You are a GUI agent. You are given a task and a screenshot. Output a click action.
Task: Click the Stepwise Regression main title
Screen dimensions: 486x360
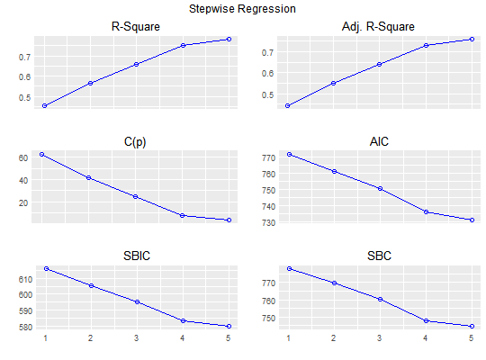[x=242, y=9]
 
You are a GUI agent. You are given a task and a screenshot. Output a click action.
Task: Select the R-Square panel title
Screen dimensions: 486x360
[x=135, y=26]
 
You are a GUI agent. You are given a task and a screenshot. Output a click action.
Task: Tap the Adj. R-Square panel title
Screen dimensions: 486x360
[x=378, y=27]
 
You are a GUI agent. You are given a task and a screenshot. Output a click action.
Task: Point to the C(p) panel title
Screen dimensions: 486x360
[x=135, y=141]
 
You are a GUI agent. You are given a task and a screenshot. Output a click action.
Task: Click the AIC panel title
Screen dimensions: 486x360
[x=379, y=141]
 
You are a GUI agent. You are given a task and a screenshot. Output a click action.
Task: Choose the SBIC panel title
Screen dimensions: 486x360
[x=137, y=256]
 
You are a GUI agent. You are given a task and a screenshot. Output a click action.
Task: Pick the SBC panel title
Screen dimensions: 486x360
[x=379, y=256]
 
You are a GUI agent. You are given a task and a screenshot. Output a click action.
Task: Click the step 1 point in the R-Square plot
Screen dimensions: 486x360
[x=45, y=105]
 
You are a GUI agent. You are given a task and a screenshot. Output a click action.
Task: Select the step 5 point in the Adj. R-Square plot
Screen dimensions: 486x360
[x=472, y=39]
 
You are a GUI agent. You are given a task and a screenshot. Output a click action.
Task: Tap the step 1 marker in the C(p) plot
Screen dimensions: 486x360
[x=41, y=154]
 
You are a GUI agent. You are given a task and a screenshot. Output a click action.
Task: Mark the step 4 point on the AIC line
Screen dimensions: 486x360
[x=427, y=212]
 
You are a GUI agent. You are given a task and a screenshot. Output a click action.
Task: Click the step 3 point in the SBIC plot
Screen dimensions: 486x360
[x=137, y=301]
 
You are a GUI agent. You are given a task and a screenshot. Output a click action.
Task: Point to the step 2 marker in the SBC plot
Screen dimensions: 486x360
[x=334, y=283]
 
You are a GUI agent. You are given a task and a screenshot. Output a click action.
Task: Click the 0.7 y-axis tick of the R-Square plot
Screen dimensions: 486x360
[x=24, y=57]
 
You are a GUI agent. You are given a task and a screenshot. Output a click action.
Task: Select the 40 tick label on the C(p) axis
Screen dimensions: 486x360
[x=23, y=181]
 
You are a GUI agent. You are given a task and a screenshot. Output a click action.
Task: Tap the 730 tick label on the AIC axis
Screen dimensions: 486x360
[x=268, y=222]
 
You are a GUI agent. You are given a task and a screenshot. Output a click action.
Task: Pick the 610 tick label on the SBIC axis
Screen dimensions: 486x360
[x=25, y=279]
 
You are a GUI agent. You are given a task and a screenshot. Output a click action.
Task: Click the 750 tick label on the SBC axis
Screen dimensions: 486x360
[x=268, y=318]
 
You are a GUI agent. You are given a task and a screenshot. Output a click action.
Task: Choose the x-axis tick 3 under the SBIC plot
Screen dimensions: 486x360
[x=136, y=338]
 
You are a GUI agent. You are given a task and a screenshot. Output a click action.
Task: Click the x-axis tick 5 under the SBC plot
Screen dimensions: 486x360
[x=471, y=338]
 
